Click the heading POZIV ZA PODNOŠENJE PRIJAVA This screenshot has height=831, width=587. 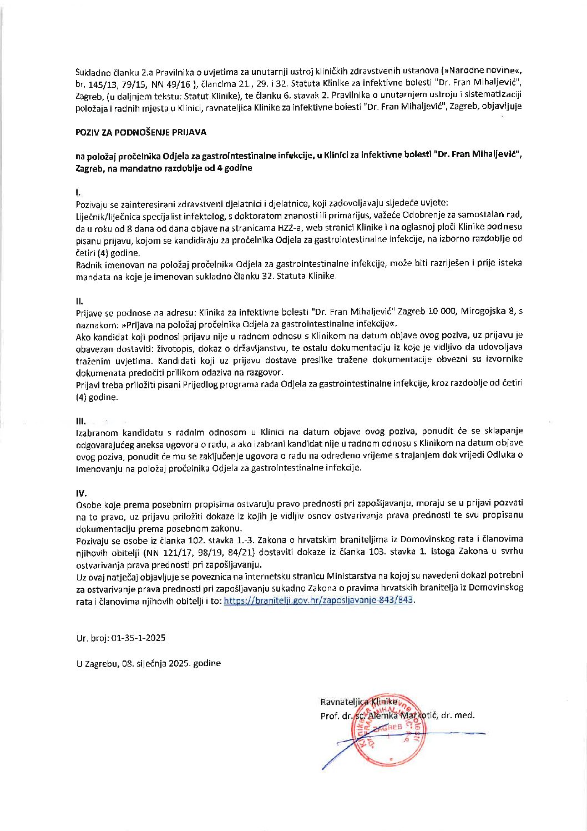pos(141,132)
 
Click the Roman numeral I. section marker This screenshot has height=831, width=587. pos(78,192)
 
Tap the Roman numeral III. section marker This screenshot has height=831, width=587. pos(80,420)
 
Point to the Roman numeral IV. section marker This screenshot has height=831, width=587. pos(81,493)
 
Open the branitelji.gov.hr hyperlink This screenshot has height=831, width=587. pos(319,600)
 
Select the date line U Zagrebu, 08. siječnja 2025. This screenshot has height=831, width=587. pos(148,663)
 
